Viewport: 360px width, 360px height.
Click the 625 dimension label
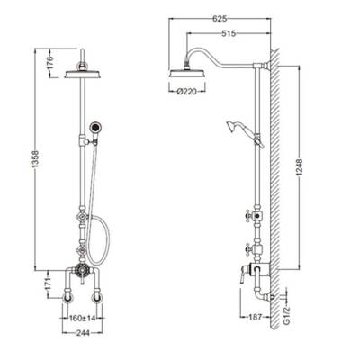[x=220, y=19]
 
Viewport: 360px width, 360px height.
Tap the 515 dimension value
[x=229, y=33]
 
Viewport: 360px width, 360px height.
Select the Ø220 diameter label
[x=187, y=92]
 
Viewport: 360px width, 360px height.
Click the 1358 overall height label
[x=36, y=160]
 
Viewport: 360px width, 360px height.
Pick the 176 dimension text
[x=50, y=62]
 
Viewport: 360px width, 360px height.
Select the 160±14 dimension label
[x=82, y=318]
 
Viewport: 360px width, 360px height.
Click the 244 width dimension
[x=82, y=333]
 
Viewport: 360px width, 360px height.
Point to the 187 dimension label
[x=256, y=317]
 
